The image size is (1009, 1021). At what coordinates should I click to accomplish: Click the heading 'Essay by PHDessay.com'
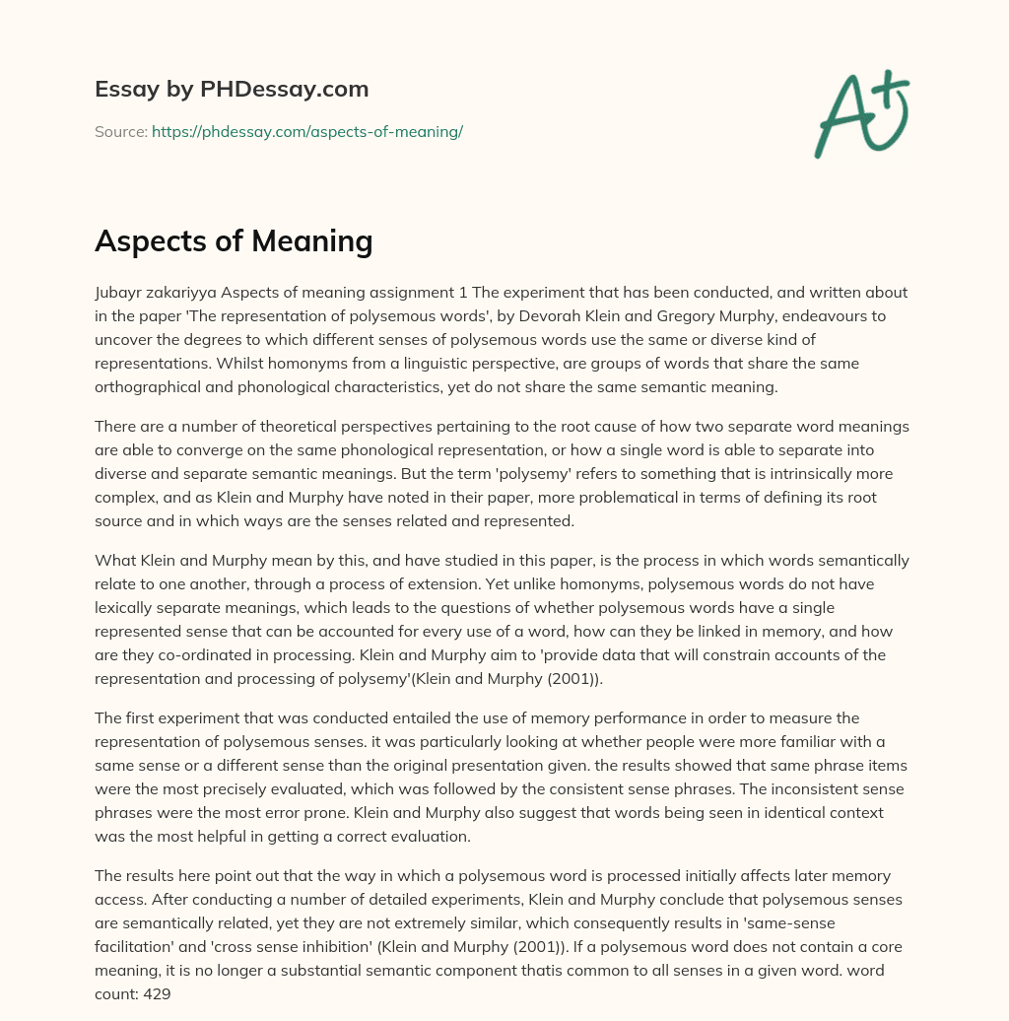point(232,90)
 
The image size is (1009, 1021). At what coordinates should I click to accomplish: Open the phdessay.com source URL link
point(307,131)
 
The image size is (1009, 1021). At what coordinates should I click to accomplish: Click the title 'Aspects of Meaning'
point(234,240)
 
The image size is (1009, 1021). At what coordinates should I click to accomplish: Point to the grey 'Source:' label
point(120,131)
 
